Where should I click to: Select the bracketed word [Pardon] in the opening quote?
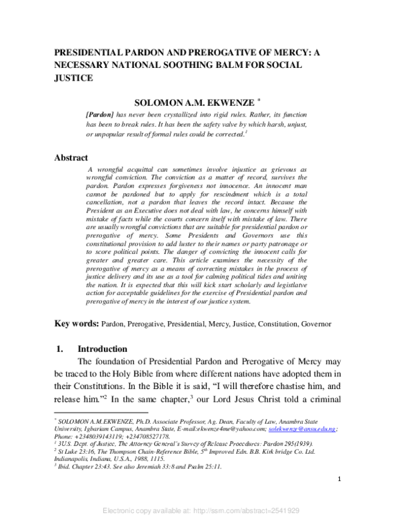(x=100, y=115)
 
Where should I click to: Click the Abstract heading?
(x=71, y=158)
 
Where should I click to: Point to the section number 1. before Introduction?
(x=59, y=349)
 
